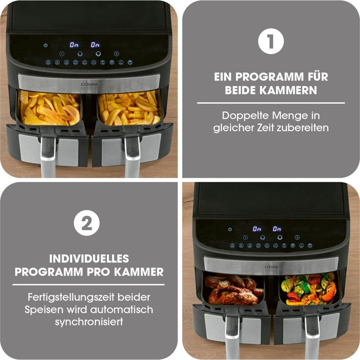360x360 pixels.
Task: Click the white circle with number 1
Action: (271, 41)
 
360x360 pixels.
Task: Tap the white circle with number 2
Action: (87, 223)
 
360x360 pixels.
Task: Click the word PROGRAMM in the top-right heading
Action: (270, 77)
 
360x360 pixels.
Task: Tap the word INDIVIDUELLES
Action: (89, 259)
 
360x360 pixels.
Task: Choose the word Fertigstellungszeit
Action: (71, 297)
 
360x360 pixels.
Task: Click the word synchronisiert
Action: (89, 322)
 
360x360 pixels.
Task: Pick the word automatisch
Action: (121, 309)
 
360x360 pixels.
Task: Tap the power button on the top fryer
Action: (45, 45)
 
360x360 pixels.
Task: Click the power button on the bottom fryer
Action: (230, 229)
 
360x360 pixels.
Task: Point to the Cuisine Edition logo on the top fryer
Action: (90, 86)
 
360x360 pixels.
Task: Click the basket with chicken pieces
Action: (234, 290)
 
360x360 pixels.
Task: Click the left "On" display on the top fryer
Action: (74, 45)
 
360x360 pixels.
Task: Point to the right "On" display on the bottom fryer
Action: (277, 229)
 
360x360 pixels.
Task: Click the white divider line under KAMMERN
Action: (271, 103)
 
